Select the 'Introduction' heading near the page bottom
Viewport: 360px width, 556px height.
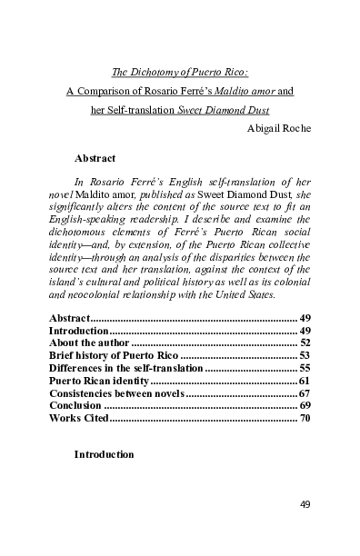(104, 453)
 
